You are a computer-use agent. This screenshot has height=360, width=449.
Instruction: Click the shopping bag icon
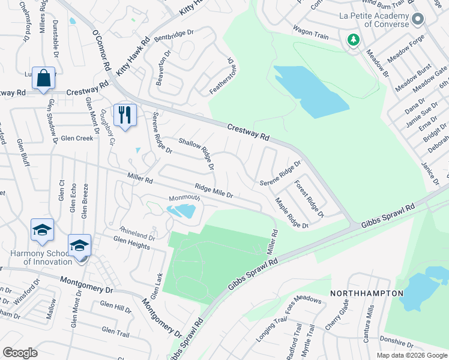pos(44,79)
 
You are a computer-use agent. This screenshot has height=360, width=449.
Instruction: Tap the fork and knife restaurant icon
pos(125,115)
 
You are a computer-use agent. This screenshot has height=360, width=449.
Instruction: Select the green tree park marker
pos(354,40)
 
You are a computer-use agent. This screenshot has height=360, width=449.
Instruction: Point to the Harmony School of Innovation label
pos(41,257)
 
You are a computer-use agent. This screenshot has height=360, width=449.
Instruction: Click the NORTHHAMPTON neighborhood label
pos(366,293)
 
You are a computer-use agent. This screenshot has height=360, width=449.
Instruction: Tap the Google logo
pos(20,353)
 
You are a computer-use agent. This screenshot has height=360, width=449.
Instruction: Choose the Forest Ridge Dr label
pos(309,199)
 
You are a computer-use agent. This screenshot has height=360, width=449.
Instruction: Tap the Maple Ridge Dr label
pos(291,213)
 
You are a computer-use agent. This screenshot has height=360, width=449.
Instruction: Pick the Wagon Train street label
pos(310,32)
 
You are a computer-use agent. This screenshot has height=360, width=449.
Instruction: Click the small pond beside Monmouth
pos(181,211)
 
